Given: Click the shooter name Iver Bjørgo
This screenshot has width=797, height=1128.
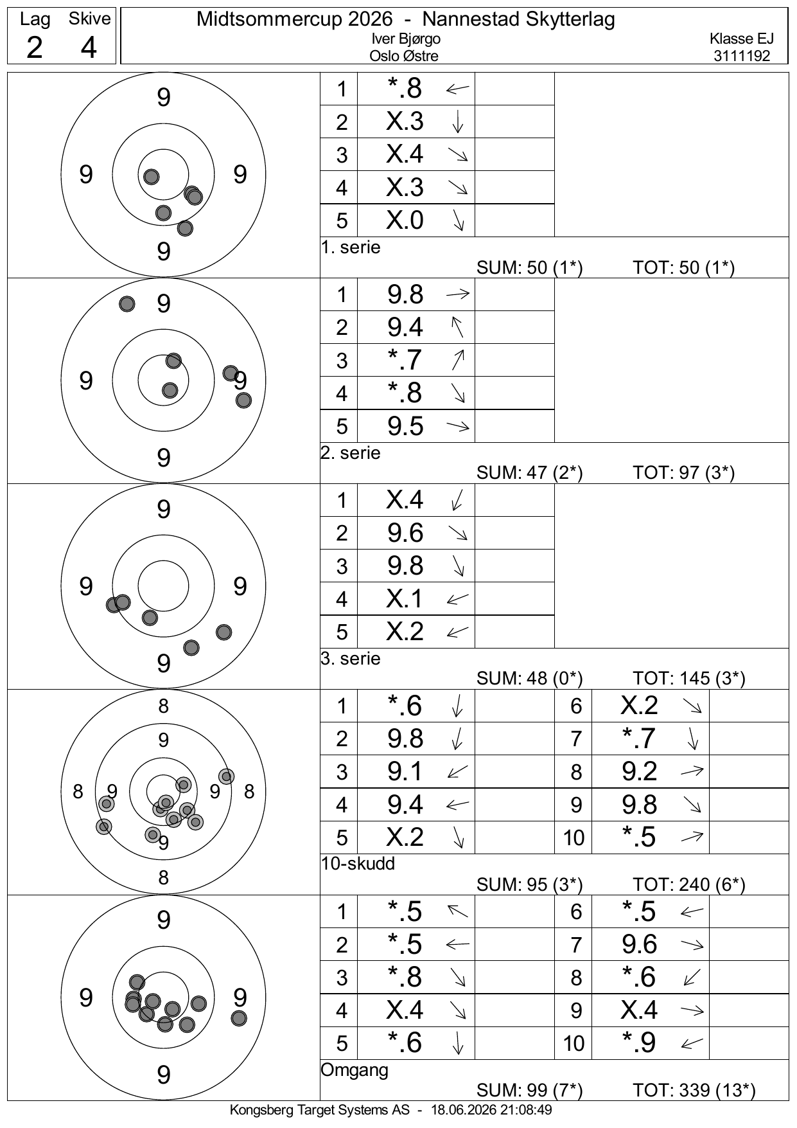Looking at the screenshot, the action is click(406, 39).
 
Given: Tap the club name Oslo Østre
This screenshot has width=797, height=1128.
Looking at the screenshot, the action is click(404, 56).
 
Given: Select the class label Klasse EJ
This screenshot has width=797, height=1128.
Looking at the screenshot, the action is click(742, 39).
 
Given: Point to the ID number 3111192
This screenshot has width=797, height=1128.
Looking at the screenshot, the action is click(742, 56).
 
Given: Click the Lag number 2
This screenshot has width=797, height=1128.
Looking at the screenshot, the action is click(35, 48).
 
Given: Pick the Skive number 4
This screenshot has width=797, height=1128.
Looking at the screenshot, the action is click(89, 48).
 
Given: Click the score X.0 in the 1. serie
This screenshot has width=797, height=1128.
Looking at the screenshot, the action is click(405, 220).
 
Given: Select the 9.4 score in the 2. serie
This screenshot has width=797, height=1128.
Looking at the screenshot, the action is click(405, 327).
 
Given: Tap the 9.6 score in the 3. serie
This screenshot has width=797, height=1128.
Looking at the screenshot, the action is click(405, 533).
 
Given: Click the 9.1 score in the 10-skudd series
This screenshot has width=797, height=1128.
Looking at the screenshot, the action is click(405, 771).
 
